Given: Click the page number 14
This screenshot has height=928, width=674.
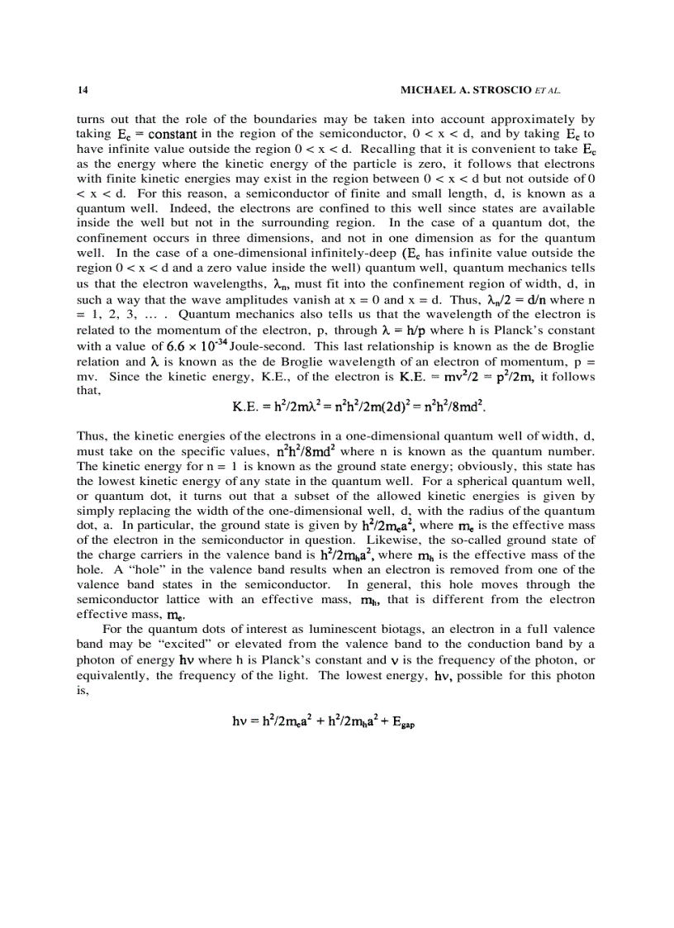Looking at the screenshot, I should pyautogui.click(x=81, y=88).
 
